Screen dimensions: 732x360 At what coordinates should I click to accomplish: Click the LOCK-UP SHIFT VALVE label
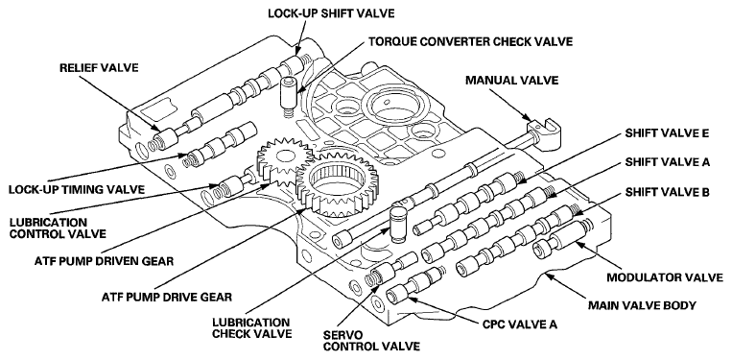[331, 13]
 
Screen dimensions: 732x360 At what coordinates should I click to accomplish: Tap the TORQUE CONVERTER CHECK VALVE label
[470, 41]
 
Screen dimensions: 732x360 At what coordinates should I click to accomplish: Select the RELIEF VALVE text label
[99, 68]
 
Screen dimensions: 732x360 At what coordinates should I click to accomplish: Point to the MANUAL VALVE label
[511, 81]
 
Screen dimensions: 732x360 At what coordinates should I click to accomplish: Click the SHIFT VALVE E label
[668, 133]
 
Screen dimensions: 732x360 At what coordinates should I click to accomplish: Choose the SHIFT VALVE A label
[668, 162]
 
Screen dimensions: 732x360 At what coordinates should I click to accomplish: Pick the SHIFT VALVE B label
[668, 191]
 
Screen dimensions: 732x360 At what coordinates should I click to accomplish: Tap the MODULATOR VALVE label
[665, 277]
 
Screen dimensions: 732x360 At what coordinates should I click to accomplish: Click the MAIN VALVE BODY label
[642, 306]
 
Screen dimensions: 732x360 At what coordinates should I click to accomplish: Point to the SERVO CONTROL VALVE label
[371, 341]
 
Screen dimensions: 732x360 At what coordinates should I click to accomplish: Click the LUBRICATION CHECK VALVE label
[252, 327]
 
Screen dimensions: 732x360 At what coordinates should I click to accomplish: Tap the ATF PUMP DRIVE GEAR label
[166, 297]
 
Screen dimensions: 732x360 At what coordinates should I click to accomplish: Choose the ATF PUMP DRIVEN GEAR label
[104, 260]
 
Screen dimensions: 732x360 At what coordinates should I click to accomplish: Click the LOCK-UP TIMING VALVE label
[76, 189]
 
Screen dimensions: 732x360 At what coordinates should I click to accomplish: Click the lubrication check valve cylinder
[398, 225]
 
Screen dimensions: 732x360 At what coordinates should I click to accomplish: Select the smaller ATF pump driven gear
[282, 163]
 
